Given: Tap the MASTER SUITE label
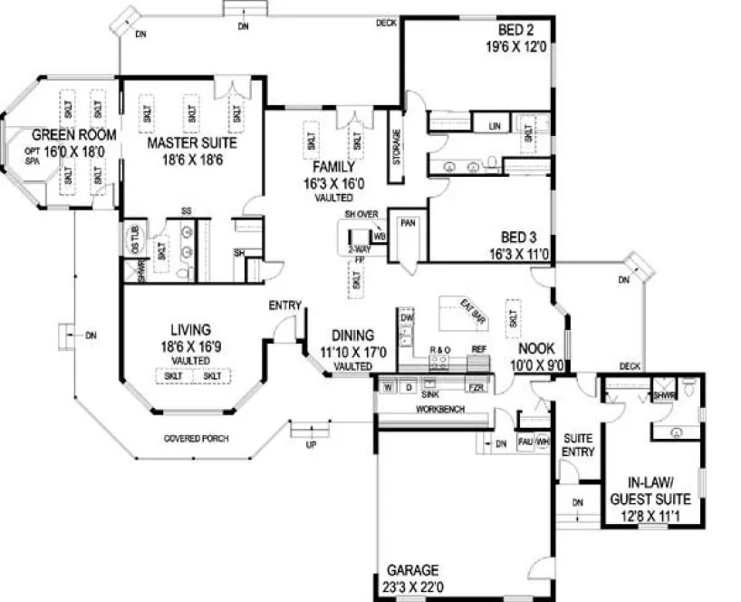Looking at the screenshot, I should (192, 143).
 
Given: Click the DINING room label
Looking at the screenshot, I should (351, 335).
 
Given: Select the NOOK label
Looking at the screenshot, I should (535, 347).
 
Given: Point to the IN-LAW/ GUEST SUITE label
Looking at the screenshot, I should (650, 490).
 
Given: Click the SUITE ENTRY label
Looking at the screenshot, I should (577, 444).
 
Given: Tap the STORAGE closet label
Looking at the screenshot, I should (396, 146).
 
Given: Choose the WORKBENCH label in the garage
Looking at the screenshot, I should (440, 410).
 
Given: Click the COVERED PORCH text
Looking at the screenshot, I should (195, 439).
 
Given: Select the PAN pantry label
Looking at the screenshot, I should (408, 222).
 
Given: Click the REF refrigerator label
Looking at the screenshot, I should (480, 349).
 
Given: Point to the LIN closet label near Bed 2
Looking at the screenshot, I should (495, 124).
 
